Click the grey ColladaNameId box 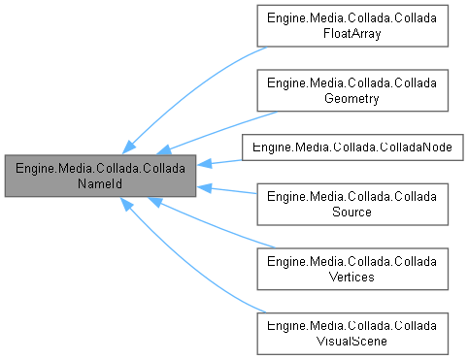100,176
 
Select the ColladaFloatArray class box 351,27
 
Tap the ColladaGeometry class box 351,89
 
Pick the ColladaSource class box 351,204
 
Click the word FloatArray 351,35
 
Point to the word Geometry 351,97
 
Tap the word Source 351,212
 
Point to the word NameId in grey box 100,183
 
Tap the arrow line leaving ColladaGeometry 214,123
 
